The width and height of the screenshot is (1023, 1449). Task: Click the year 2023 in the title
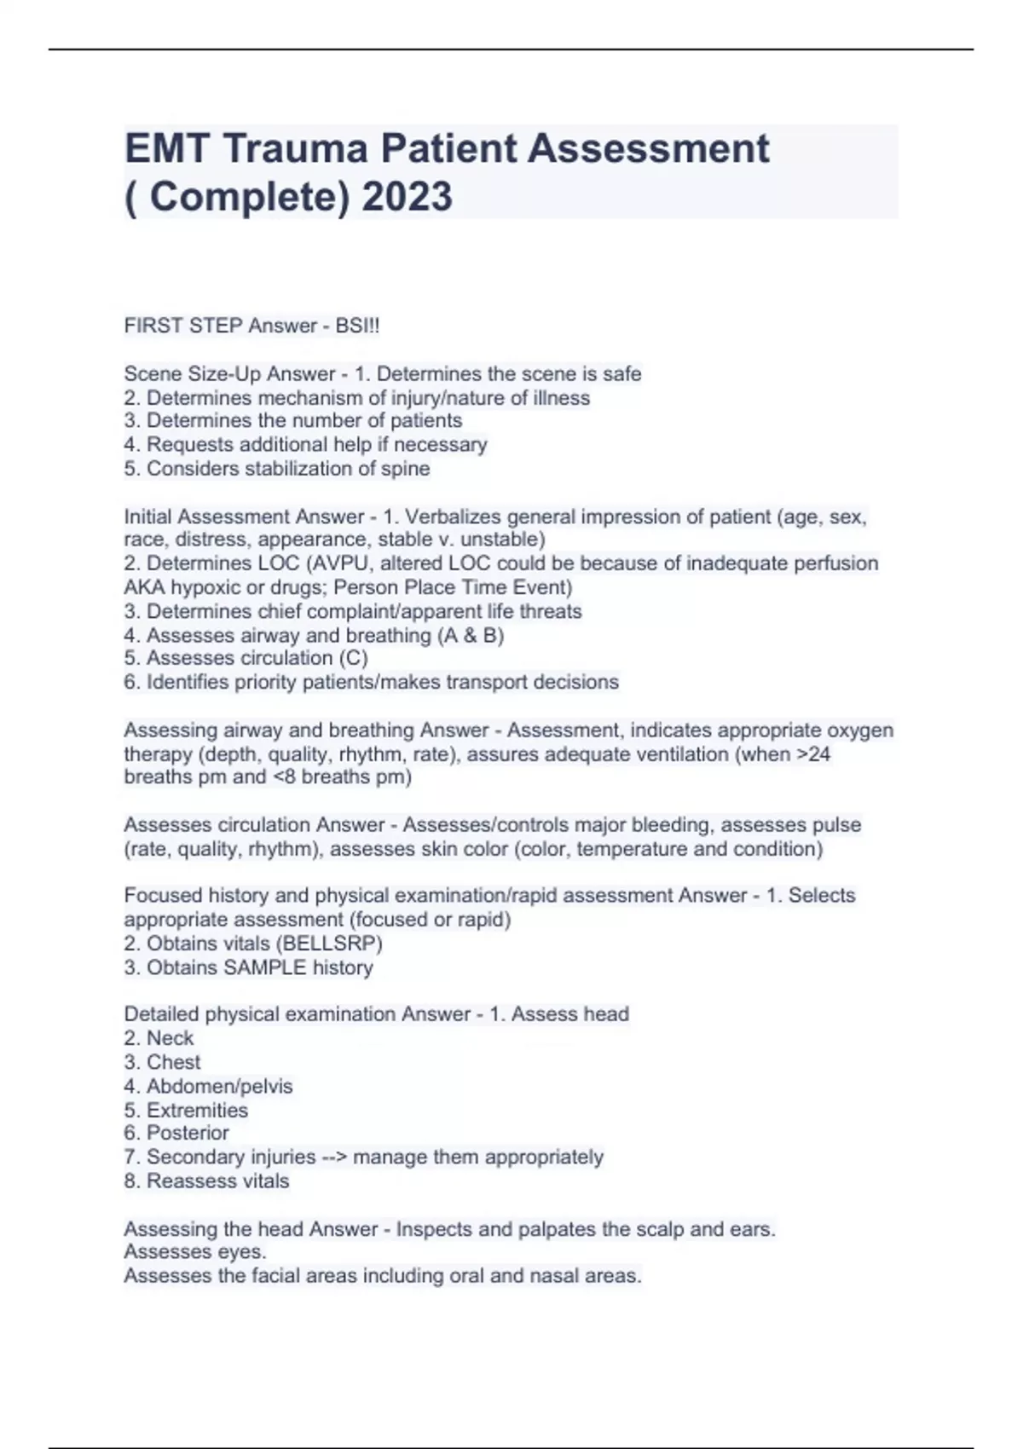pyautogui.click(x=407, y=196)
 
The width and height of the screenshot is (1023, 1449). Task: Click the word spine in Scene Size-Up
pyautogui.click(x=407, y=469)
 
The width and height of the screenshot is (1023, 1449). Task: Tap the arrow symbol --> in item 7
pyautogui.click(x=334, y=1157)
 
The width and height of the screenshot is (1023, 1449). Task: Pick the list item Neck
pyautogui.click(x=170, y=1038)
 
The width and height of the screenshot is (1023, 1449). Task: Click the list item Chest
pyautogui.click(x=173, y=1062)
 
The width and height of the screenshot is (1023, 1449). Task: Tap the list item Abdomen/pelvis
pyautogui.click(x=219, y=1086)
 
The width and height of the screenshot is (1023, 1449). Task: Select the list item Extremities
pyautogui.click(x=197, y=1110)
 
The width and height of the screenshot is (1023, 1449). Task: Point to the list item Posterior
pyautogui.click(x=188, y=1133)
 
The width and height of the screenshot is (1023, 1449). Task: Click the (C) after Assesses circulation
pyautogui.click(x=353, y=658)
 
